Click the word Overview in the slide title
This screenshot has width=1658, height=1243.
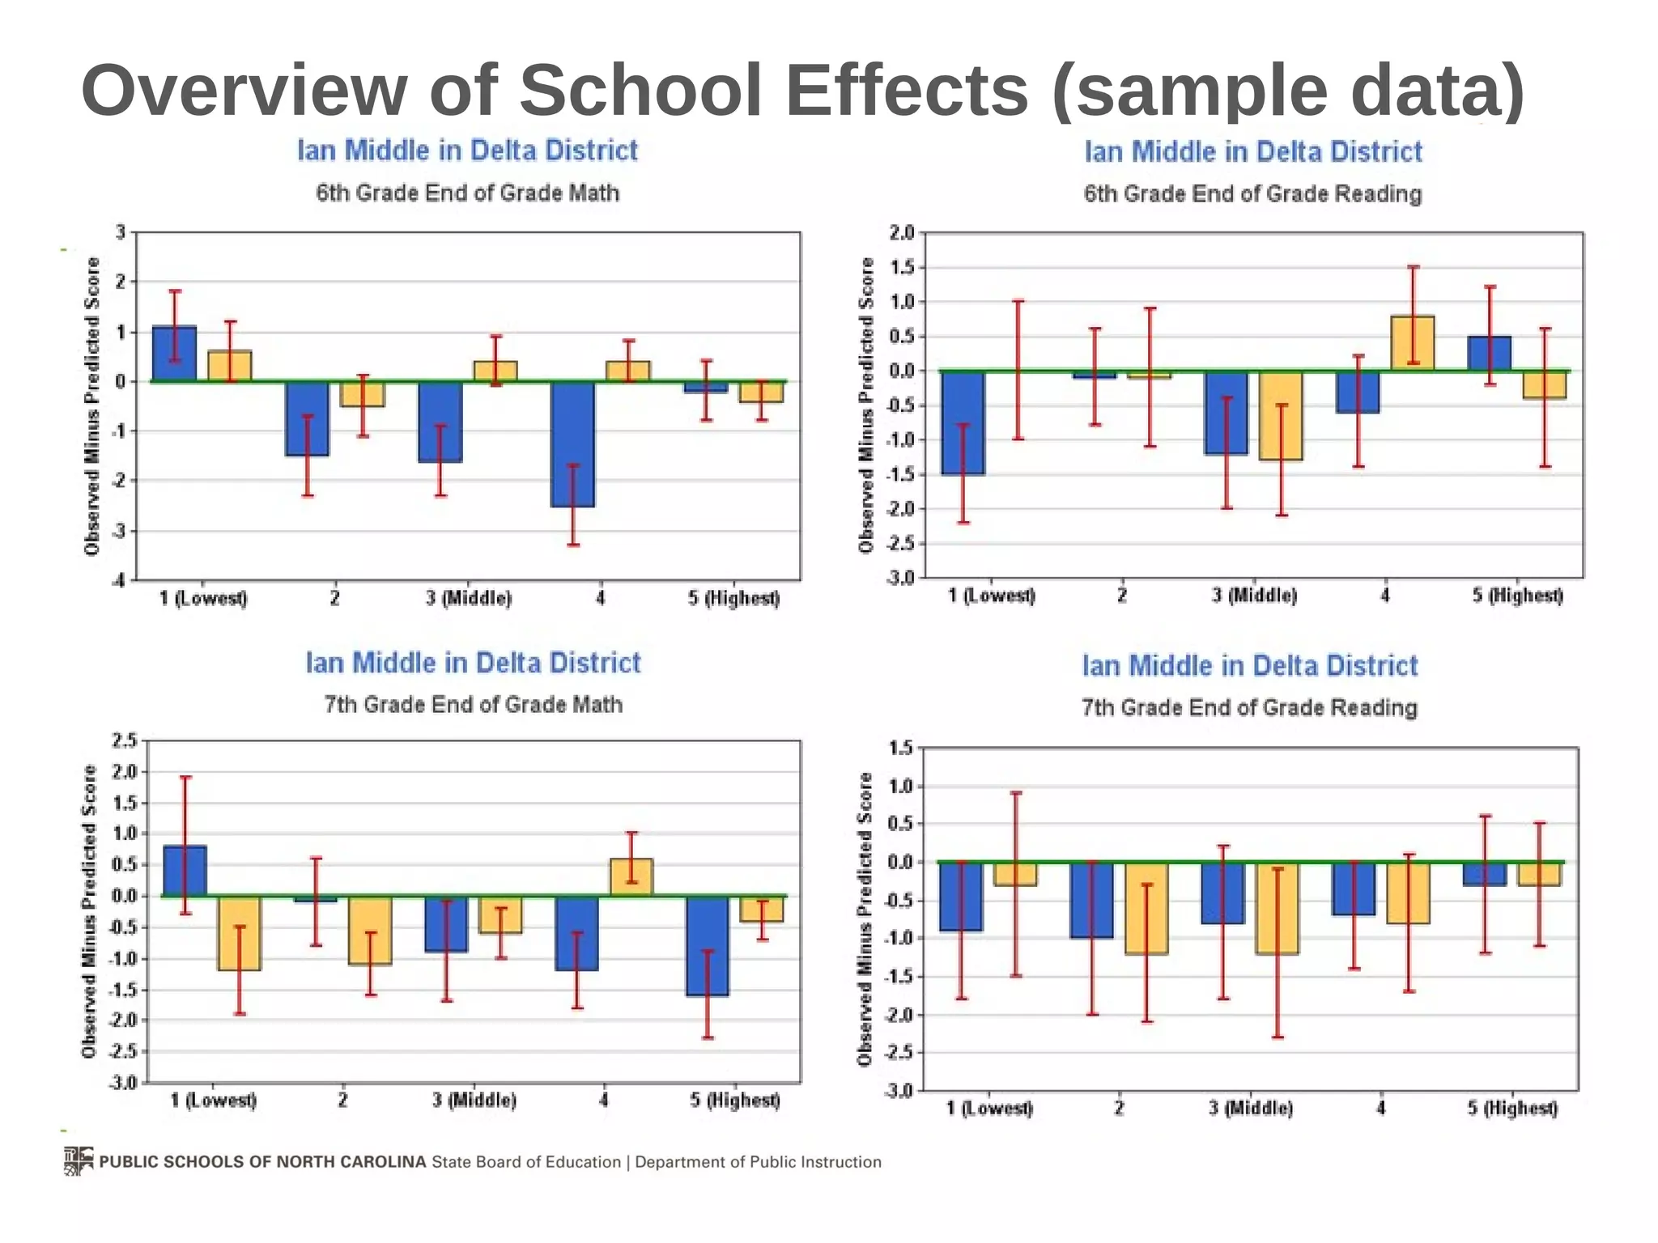[x=244, y=90]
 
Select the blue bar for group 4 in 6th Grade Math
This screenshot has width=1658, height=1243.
[x=572, y=444]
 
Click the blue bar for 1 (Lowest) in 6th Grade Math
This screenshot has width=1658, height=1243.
[x=174, y=354]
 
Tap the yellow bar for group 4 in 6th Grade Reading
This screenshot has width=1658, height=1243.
[x=1413, y=343]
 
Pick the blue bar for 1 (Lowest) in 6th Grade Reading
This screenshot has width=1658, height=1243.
[x=963, y=422]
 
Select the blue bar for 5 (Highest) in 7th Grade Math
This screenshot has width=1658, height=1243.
[x=707, y=946]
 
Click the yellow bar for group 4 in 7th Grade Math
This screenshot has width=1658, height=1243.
[x=631, y=877]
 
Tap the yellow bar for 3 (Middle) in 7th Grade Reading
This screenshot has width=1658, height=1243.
[x=1277, y=908]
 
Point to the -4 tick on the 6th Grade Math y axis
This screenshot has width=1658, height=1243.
[x=119, y=580]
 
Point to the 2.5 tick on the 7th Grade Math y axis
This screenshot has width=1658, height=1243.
[x=124, y=740]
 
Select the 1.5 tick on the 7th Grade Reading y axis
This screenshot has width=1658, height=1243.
[x=900, y=748]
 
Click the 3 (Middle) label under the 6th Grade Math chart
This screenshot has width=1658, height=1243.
[x=469, y=599]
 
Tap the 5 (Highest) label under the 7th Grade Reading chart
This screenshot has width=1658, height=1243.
[x=1512, y=1108]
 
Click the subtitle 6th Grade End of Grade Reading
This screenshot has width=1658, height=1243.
[x=1252, y=194]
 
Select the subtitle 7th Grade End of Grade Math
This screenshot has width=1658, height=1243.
[x=474, y=705]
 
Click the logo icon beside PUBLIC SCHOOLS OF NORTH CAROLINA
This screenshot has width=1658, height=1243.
[x=79, y=1160]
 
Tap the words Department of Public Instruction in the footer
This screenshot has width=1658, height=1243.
[x=758, y=1162]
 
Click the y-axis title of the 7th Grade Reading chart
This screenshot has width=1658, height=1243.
[x=865, y=918]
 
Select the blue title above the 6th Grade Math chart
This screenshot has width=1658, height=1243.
[x=467, y=151]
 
